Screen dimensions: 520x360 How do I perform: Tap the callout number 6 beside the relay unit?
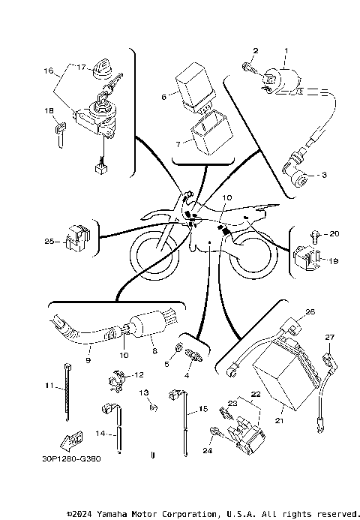163,97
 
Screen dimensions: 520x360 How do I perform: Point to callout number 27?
328,337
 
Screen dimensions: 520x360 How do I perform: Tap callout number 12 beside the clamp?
138,374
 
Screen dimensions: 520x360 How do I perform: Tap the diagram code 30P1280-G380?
72,458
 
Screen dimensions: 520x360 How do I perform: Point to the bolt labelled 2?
247,68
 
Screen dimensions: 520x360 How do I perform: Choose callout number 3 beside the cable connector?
324,175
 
